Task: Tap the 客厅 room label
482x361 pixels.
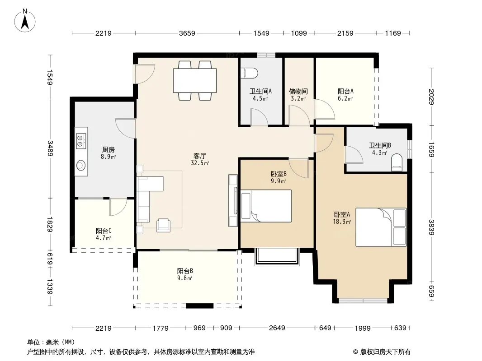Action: point(200,156)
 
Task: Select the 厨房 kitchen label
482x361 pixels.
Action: point(109,149)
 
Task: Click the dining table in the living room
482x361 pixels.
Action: point(195,80)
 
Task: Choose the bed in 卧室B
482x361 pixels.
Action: point(266,206)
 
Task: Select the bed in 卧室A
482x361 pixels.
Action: point(381,227)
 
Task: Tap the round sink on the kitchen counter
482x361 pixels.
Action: point(81,165)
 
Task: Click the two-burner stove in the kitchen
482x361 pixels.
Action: point(81,140)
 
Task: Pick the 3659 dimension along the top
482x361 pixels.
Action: point(187,33)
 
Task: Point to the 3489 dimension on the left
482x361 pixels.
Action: point(50,148)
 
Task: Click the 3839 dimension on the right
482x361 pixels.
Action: point(432,227)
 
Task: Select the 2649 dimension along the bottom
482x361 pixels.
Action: point(277,328)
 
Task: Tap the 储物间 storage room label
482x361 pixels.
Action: point(298,91)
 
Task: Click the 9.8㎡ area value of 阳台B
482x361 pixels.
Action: point(184,278)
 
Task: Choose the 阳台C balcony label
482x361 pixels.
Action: point(104,230)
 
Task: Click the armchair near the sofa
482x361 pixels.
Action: point(163,225)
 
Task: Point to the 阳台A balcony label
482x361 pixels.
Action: point(345,91)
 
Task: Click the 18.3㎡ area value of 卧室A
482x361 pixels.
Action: point(342,222)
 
